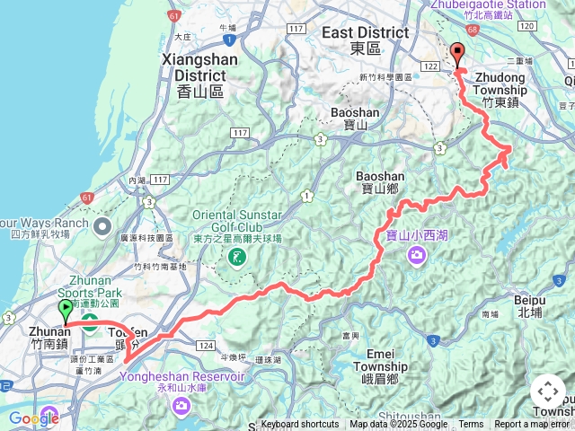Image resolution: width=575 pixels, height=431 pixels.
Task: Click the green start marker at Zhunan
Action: coord(66,311)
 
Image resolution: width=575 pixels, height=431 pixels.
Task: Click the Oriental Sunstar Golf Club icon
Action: coord(236,259)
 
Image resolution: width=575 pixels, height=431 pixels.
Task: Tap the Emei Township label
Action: coord(379,374)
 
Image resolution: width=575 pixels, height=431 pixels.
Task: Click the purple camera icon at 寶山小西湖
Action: coord(416,256)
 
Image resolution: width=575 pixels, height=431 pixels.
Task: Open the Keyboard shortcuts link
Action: coord(300,425)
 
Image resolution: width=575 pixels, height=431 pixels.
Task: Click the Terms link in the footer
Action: coord(471,425)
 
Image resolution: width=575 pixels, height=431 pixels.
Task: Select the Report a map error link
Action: coord(532,425)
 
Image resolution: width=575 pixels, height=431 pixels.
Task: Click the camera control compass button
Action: coord(548,391)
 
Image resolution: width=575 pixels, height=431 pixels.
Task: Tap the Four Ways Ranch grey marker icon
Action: coord(102,224)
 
